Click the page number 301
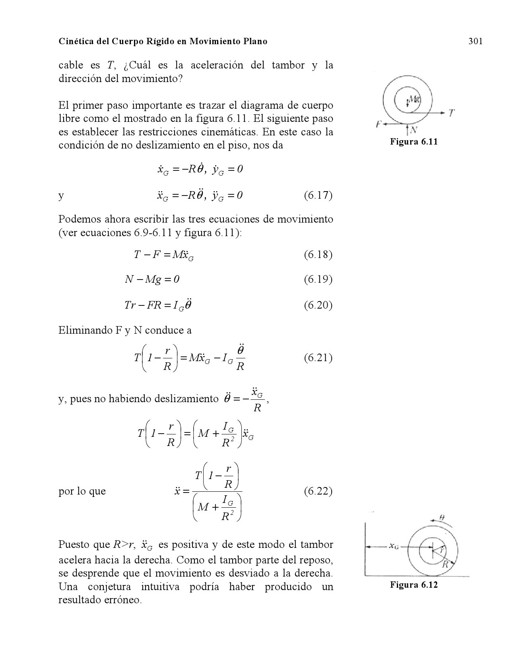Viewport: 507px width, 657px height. click(x=475, y=41)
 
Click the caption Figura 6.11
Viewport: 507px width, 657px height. click(x=414, y=141)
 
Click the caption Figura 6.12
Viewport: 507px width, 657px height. click(x=414, y=585)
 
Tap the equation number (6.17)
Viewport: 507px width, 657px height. click(x=318, y=196)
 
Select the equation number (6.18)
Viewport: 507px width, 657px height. click(x=318, y=254)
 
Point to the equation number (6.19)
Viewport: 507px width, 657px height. click(x=318, y=279)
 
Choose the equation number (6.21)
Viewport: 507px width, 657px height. click(x=318, y=358)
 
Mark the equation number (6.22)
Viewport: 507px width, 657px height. click(x=318, y=491)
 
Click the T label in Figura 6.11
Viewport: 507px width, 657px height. click(x=452, y=113)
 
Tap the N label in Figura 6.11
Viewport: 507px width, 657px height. click(x=414, y=130)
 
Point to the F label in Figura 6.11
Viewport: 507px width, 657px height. click(x=379, y=124)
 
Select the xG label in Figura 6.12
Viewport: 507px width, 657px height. click(x=394, y=546)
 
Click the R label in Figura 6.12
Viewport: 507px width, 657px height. click(x=446, y=564)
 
